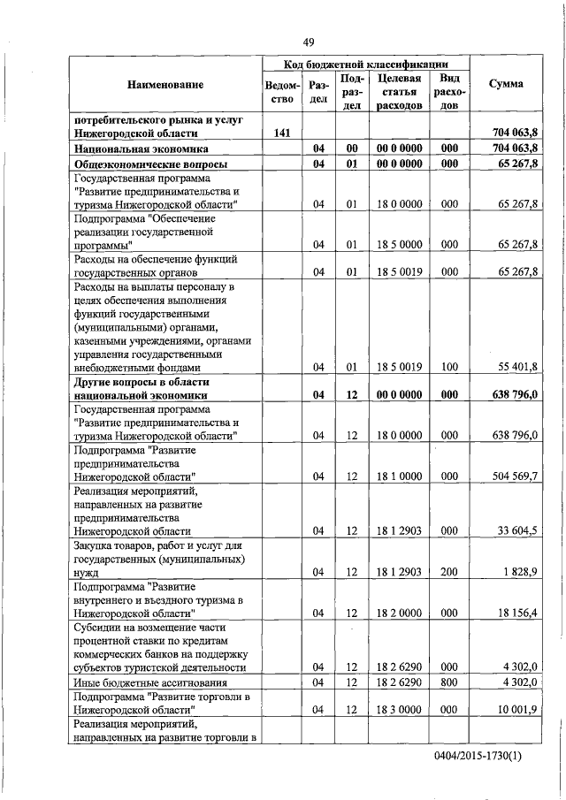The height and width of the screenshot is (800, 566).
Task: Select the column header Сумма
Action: (505, 84)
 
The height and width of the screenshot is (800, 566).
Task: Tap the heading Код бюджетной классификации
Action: (363, 65)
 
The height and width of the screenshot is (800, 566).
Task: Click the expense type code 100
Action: (448, 366)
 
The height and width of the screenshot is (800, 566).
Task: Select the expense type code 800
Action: (448, 682)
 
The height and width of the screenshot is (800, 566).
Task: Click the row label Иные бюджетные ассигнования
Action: (149, 682)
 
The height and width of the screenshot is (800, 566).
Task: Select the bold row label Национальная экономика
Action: (148, 149)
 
